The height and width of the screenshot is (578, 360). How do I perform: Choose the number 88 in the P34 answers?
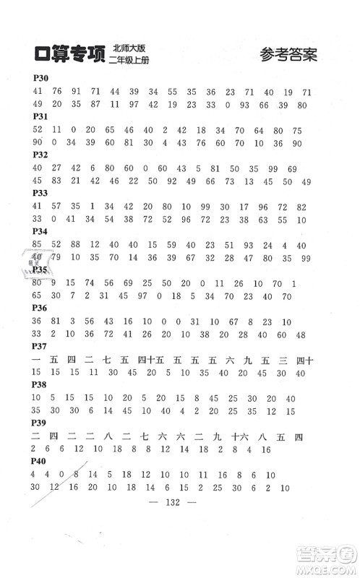pos(76,246)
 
